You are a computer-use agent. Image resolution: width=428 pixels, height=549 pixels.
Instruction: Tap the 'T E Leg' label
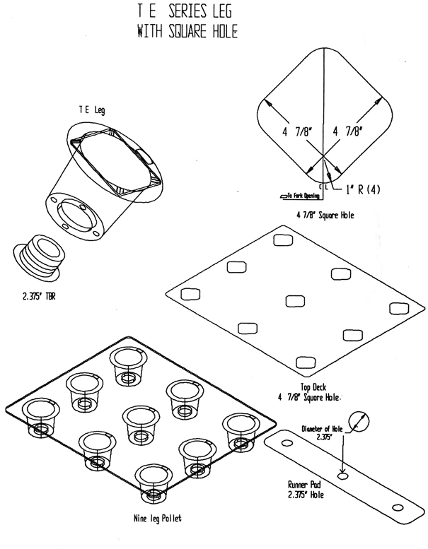(x=92, y=110)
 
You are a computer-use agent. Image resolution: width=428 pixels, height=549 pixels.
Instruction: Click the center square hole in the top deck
(x=295, y=301)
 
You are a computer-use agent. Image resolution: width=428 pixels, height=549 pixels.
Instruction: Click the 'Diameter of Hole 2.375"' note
(x=325, y=432)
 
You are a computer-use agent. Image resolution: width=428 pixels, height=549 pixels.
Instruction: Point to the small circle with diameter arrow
(x=360, y=421)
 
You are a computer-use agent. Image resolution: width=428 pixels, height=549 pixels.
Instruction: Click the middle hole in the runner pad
(x=342, y=476)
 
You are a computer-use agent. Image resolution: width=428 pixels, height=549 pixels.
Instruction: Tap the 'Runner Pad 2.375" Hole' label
(x=305, y=490)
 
